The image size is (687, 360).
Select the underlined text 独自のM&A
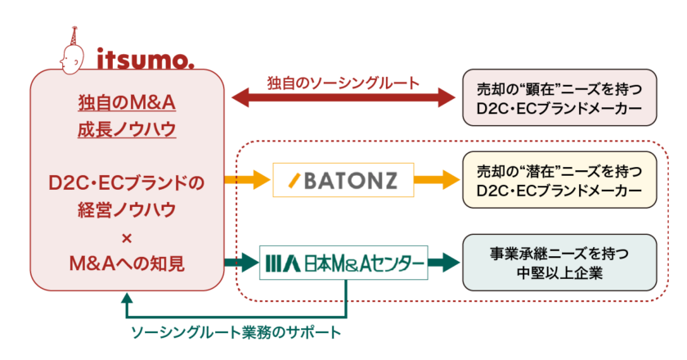127,104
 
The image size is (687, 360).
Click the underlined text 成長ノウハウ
127,130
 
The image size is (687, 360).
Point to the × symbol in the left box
127,236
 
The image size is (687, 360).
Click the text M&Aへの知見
127,263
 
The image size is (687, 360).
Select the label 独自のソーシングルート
343,83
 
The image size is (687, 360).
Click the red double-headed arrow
343,98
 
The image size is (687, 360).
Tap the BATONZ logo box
343,179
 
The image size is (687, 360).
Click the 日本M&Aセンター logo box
343,263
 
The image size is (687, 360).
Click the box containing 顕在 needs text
559,97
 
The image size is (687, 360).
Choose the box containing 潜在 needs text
559,180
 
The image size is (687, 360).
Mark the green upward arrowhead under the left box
127,299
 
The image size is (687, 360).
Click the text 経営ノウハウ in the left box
127,210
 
